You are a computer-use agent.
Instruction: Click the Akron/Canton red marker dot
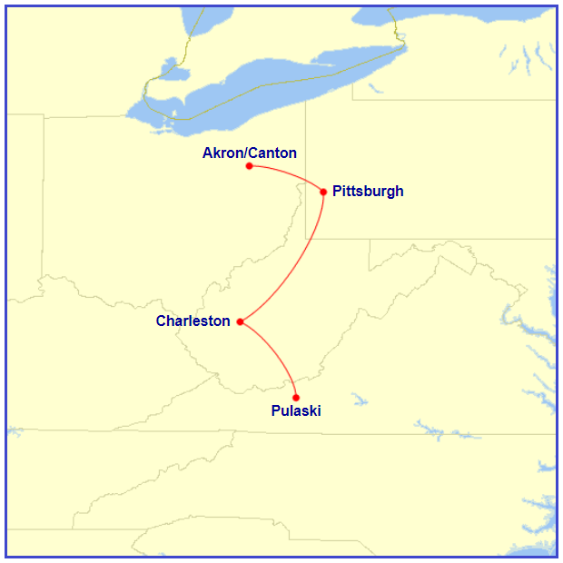pyautogui.click(x=249, y=165)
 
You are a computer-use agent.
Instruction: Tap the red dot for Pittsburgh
pyautogui.click(x=323, y=191)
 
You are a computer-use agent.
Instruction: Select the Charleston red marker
pyautogui.click(x=240, y=321)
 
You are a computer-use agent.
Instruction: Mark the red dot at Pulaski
pyautogui.click(x=296, y=397)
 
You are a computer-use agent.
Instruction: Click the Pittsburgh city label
pyautogui.click(x=368, y=192)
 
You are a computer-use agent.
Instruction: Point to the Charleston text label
pyautogui.click(x=193, y=321)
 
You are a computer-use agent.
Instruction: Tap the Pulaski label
pyautogui.click(x=296, y=411)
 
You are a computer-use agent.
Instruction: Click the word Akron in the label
pyautogui.click(x=221, y=153)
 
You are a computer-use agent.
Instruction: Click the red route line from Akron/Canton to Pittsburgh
pyautogui.click(x=289, y=173)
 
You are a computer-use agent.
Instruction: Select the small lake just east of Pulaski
pyautogui.click(x=359, y=399)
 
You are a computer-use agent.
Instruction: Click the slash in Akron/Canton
pyautogui.click(x=247, y=153)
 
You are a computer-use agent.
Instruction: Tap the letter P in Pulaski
pyautogui.click(x=276, y=411)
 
